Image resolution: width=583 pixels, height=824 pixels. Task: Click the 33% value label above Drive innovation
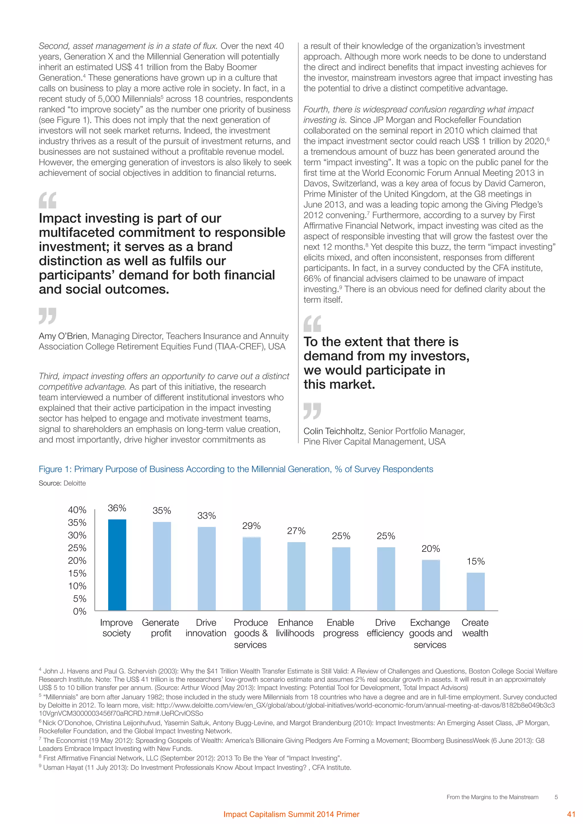point(206,516)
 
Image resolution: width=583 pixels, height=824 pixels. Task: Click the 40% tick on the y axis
point(77,510)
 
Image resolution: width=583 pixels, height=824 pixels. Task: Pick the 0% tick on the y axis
point(79,611)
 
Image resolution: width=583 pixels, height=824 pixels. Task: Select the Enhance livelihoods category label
point(295,628)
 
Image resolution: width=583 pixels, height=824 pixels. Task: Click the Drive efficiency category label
point(385,628)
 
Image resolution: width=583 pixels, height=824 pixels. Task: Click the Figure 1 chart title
point(236,469)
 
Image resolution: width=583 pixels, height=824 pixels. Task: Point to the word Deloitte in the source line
point(75,483)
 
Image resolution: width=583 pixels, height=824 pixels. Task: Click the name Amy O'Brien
point(63,336)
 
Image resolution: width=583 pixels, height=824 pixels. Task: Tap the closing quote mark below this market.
point(312,411)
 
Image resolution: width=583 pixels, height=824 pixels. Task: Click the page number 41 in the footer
point(571,814)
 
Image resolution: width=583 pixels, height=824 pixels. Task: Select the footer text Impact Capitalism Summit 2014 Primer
point(291,814)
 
